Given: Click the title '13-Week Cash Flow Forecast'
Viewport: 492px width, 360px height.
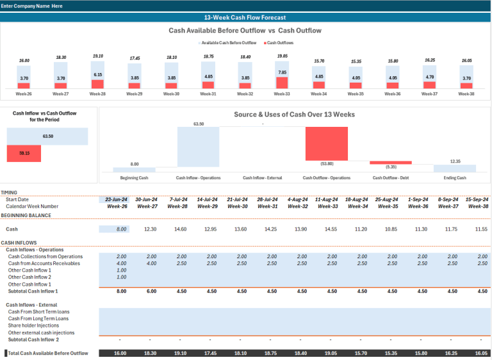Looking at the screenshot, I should [245, 17].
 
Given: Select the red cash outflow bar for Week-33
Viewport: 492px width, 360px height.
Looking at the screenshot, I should [282, 83].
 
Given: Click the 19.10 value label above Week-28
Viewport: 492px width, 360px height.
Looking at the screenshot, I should [98, 56].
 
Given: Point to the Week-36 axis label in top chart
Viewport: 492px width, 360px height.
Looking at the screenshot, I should [393, 94].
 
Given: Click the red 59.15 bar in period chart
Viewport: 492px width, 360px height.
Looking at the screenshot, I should [24, 154].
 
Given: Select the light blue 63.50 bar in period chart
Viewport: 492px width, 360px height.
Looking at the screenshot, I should [47, 136].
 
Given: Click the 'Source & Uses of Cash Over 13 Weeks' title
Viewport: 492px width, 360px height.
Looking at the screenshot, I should [294, 115].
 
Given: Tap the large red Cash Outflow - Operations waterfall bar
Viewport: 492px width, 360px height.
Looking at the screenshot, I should [326, 143].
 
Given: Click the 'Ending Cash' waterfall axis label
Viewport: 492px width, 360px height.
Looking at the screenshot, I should [454, 177].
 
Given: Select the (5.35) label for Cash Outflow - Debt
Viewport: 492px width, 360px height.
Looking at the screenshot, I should [391, 167].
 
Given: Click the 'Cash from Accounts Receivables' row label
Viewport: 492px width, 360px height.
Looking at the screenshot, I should [44, 263].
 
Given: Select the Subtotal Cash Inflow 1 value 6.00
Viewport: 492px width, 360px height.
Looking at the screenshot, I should [151, 291].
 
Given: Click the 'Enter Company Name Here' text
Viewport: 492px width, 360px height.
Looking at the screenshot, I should [32, 5].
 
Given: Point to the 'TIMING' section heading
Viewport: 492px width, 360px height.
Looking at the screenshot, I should [10, 192].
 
